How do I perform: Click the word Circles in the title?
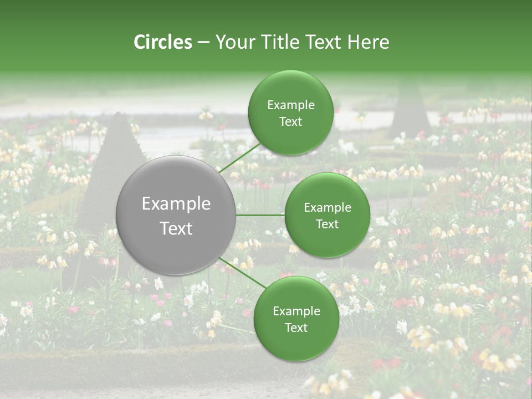pos(162,42)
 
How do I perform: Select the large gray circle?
pos(176,216)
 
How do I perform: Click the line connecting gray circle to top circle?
pos(240,158)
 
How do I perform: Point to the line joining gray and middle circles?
pos(260,215)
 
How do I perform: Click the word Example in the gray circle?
pos(176,204)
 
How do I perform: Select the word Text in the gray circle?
pos(176,228)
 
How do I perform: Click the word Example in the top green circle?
pos(291,105)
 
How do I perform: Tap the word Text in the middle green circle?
pos(327,224)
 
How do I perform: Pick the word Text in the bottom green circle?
pos(296,328)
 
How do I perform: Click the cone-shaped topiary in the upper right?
pos(410,108)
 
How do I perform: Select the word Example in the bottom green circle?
pos(296,311)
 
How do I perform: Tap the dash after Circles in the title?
pos(203,43)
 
